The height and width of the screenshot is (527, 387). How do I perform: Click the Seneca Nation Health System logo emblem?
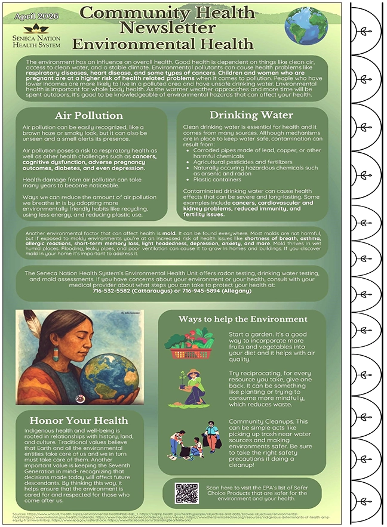click(35, 29)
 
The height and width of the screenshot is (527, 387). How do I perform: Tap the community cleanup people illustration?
click(193, 439)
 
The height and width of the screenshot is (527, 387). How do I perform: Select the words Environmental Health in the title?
click(162, 44)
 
